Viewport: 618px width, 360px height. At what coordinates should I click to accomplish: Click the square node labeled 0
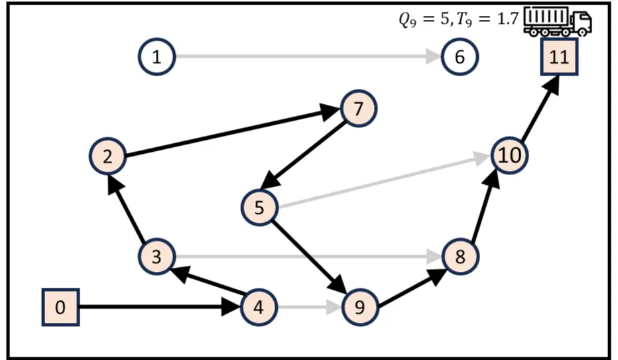[x=61, y=308]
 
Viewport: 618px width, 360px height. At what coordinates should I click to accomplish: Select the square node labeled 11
[x=559, y=56]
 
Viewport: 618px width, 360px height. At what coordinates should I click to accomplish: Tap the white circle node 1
[x=156, y=57]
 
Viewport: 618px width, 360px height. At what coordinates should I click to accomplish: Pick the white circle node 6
[x=459, y=57]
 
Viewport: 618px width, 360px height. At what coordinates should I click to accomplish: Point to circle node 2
[x=107, y=156]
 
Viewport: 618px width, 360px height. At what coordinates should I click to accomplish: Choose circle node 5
[x=259, y=208]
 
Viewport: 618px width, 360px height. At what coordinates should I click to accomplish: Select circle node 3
[x=156, y=256]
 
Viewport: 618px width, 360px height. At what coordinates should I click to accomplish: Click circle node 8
[x=460, y=256]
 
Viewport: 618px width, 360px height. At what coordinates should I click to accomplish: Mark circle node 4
[x=259, y=307]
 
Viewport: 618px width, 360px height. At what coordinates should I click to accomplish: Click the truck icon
[x=557, y=21]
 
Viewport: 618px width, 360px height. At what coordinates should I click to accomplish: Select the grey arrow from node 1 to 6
[x=305, y=57]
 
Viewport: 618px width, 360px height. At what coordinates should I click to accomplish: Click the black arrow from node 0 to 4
[x=159, y=307]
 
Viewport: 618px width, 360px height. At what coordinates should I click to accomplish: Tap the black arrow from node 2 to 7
[x=232, y=133]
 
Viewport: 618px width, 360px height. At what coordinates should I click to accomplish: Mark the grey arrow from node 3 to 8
[x=305, y=256]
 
